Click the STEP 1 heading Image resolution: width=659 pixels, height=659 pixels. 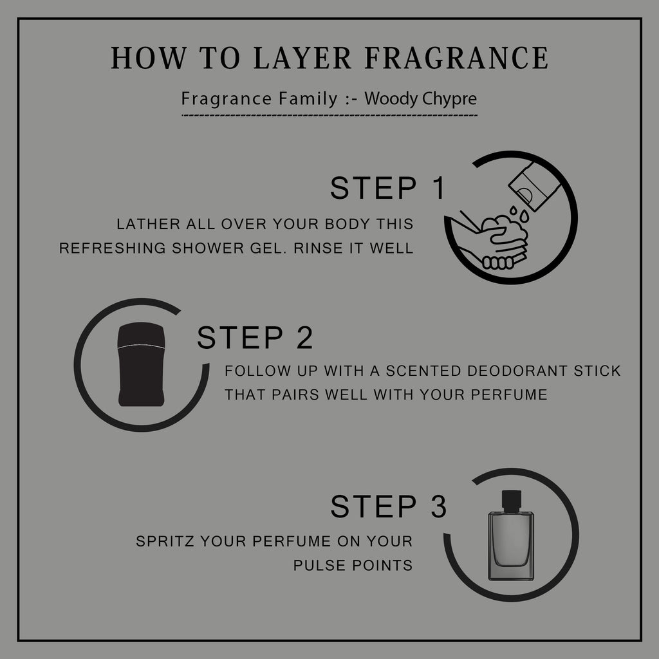coord(387,188)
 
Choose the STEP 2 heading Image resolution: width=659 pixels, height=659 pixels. coord(255,337)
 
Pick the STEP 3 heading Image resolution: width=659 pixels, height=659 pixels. coord(388,506)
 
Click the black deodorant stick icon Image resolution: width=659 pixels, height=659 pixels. coord(141,364)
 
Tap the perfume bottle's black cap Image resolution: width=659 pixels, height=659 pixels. coord(512,501)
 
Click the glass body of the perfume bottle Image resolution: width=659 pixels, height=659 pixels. coord(511,546)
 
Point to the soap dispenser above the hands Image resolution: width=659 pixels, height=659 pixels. coord(535,186)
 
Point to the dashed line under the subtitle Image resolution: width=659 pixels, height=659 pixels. coord(329,115)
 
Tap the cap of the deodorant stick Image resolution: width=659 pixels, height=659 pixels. coord(141,335)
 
